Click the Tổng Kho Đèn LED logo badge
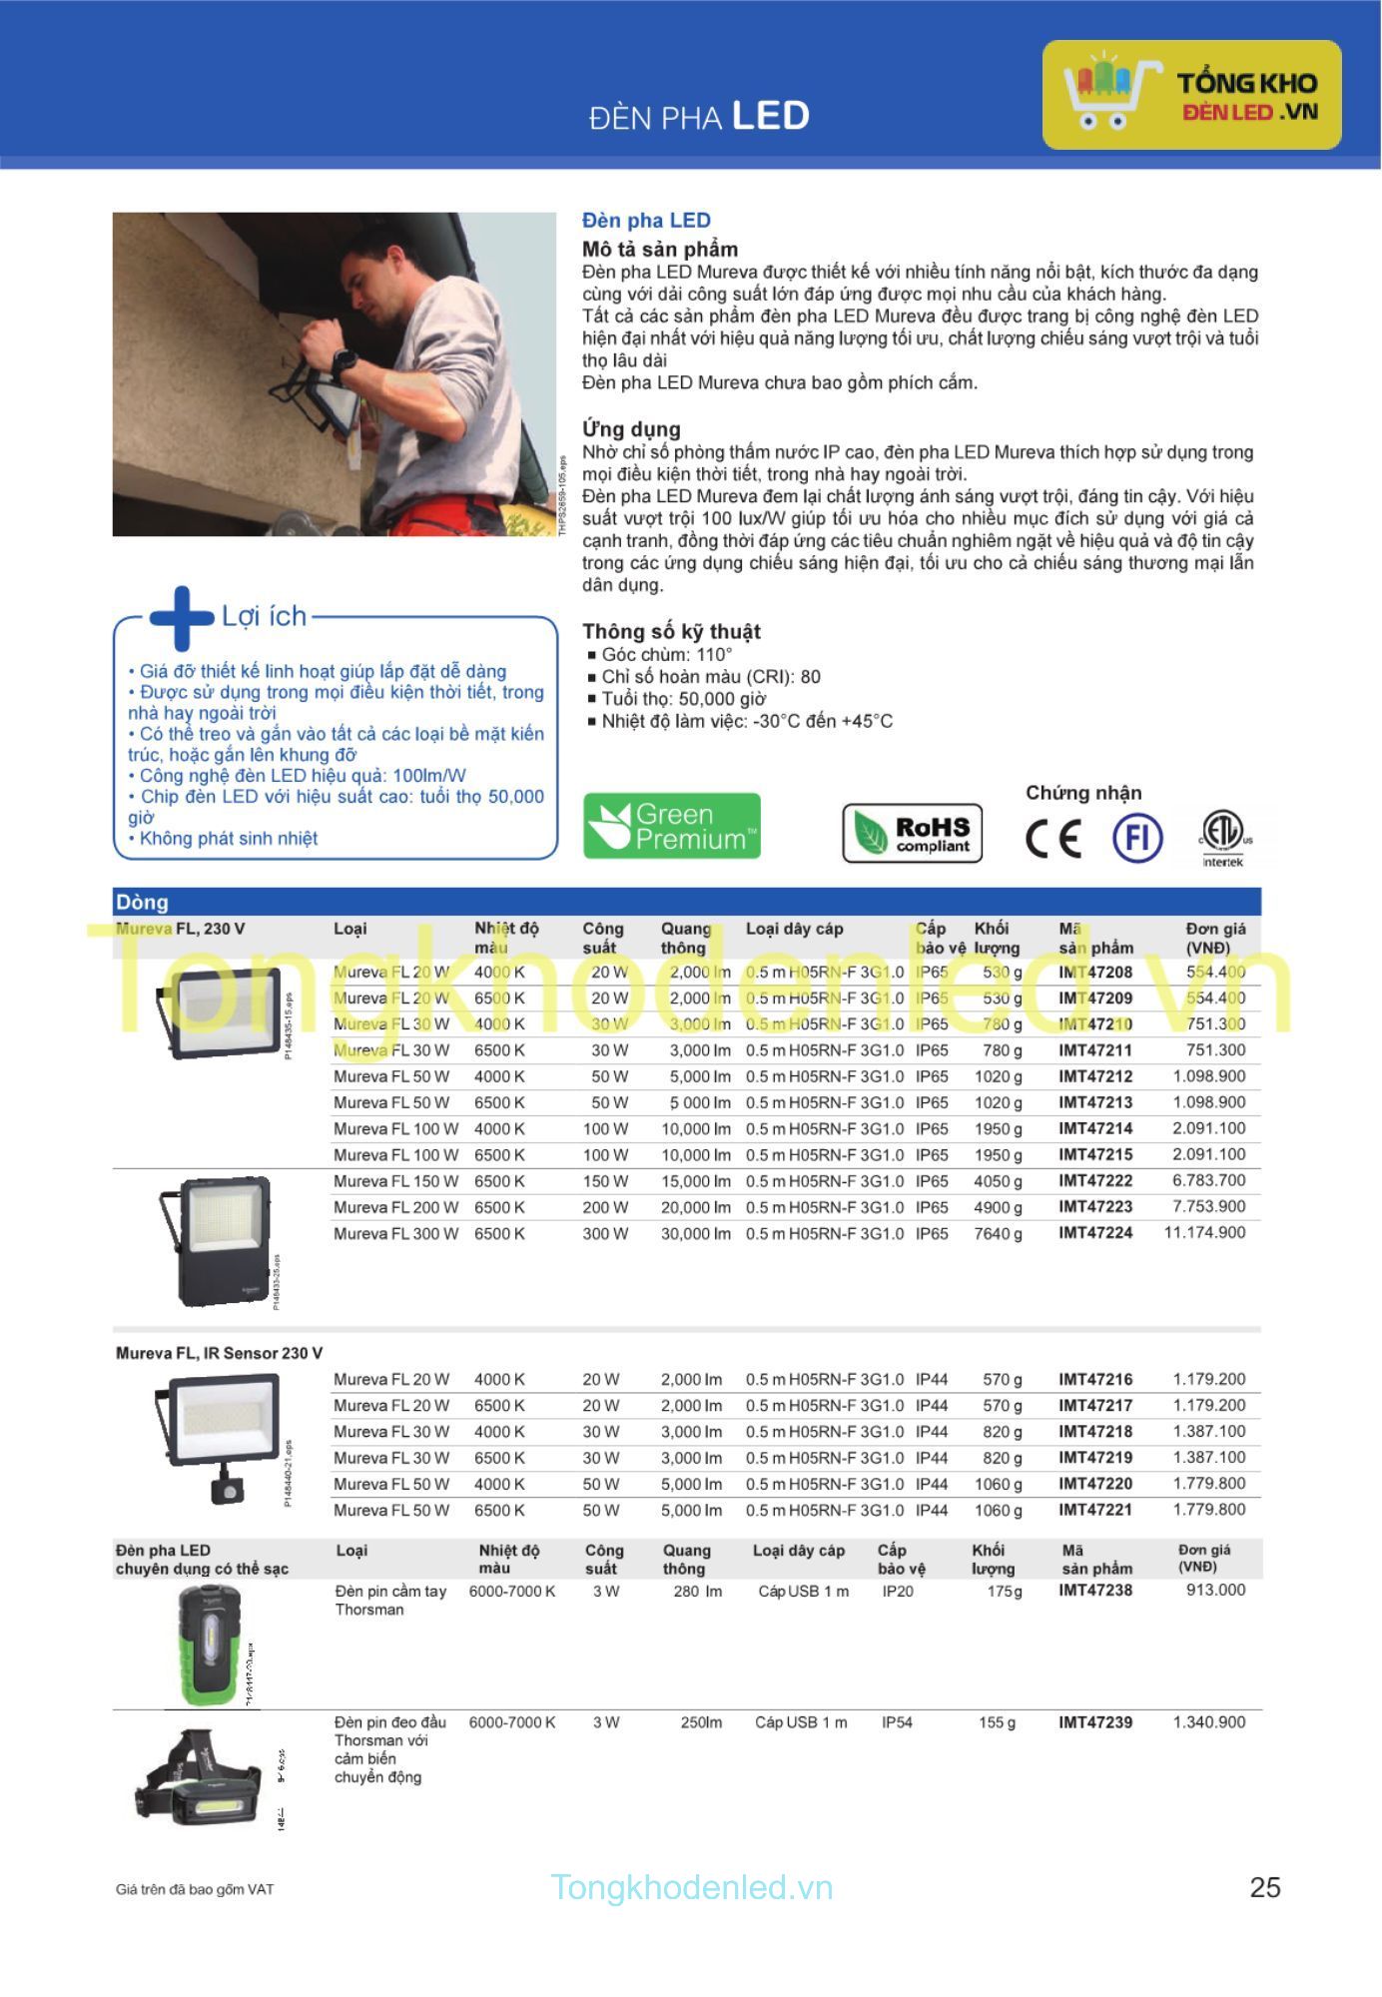coord(1191,95)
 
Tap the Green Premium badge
coord(672,826)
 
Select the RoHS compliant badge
coord(913,833)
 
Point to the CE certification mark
coord(1053,838)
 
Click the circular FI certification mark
coord(1137,837)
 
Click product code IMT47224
coord(1095,1233)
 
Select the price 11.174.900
coord(1204,1233)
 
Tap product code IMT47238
coord(1095,1591)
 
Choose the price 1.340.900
coord(1208,1722)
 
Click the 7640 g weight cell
coord(998,1234)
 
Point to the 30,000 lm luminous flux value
coord(695,1234)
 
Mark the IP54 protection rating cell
coord(897,1722)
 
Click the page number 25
coord(1265,1887)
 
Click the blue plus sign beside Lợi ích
coord(181,618)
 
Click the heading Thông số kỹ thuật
coord(671,631)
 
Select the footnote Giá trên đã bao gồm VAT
coord(194,1889)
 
